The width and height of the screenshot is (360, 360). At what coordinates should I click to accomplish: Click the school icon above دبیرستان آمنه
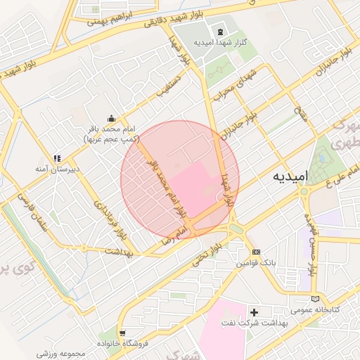pyautogui.click(x=57, y=158)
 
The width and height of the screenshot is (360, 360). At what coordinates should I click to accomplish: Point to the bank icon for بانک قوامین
pyautogui.click(x=257, y=252)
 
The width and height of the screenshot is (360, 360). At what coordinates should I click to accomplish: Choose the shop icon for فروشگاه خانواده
pyautogui.click(x=123, y=332)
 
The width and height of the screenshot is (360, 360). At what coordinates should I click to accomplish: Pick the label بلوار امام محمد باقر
pyautogui.click(x=163, y=188)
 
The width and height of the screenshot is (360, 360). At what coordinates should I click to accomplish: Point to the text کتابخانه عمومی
pyautogui.click(x=316, y=310)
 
